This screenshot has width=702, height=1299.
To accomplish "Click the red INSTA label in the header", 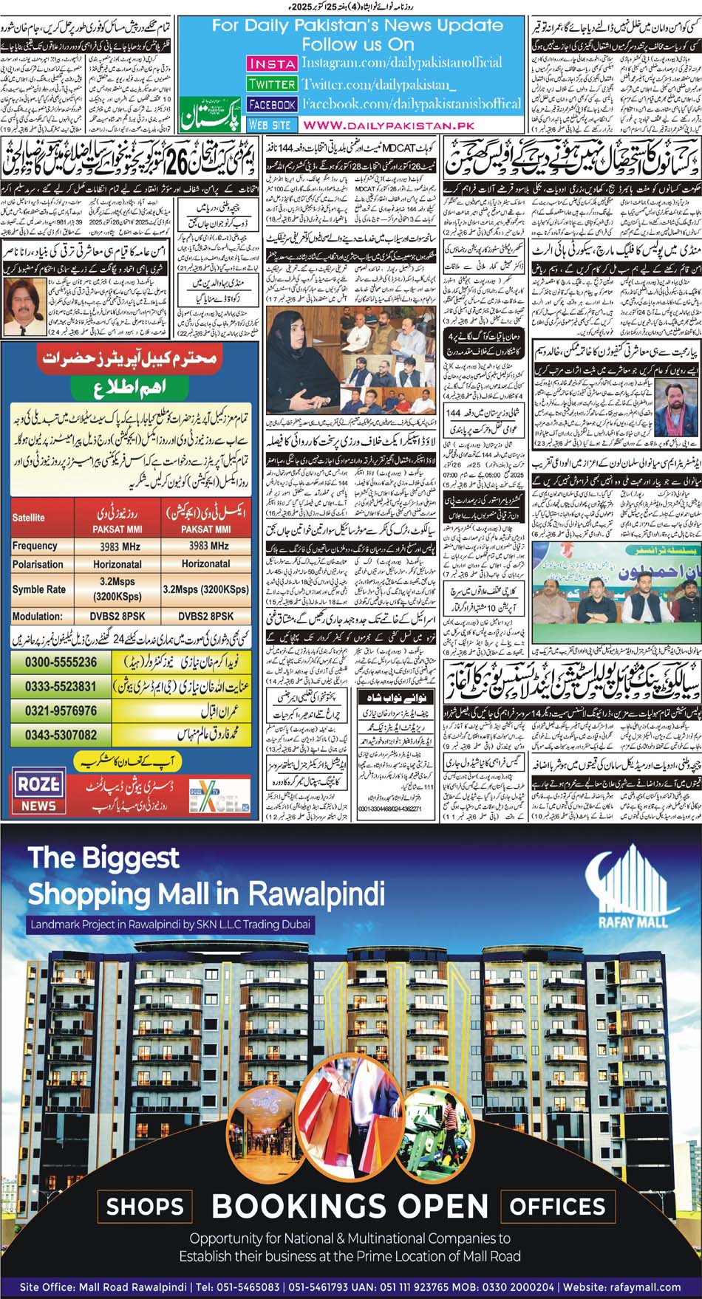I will [x=271, y=64].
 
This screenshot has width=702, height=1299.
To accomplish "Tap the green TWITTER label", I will [x=271, y=85].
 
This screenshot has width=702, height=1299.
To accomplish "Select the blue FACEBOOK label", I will [x=272, y=105].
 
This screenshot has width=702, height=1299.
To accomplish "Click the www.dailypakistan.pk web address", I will [x=388, y=126].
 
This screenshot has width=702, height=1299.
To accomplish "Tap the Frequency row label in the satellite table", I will [x=35, y=546].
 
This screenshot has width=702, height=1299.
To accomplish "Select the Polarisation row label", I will [x=38, y=564].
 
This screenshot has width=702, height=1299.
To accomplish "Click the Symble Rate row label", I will [x=38, y=589].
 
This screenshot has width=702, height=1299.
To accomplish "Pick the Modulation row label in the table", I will [x=37, y=616].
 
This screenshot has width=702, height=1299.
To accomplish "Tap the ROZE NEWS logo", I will [x=38, y=792].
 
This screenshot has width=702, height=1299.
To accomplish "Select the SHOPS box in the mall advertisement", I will [x=145, y=1207].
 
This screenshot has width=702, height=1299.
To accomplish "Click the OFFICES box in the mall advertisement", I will [x=557, y=1207].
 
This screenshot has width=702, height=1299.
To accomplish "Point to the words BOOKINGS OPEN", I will [x=350, y=1207].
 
